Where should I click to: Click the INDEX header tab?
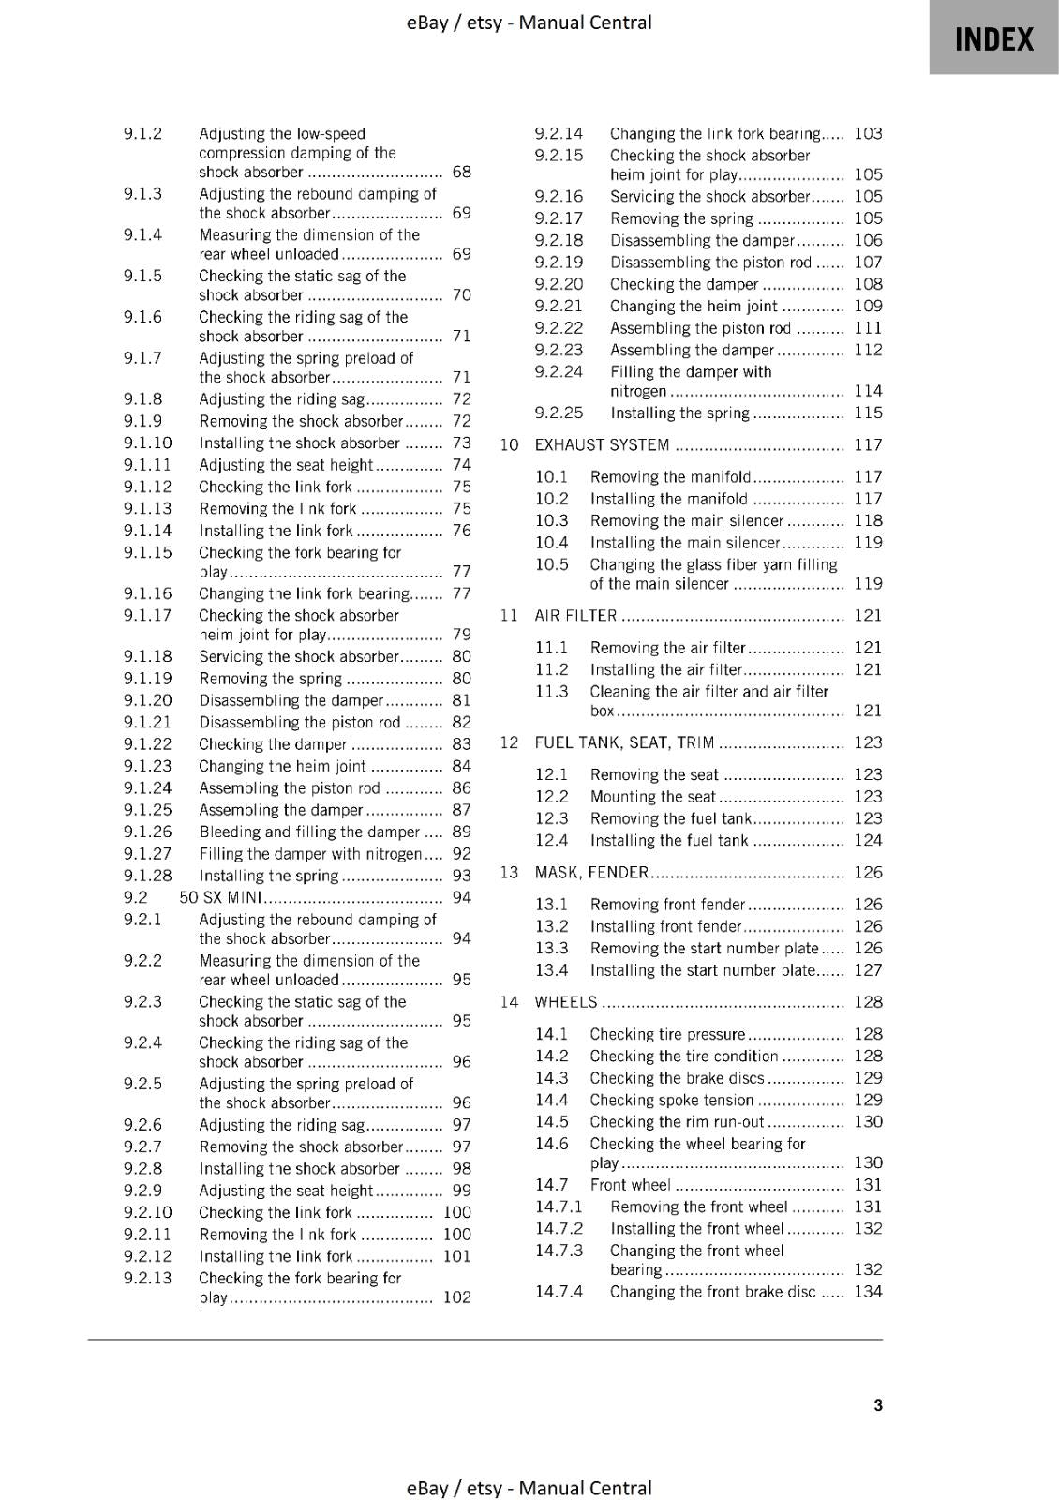[993, 39]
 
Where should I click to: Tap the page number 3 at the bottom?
[877, 1404]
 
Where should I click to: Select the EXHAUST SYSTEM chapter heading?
[602, 445]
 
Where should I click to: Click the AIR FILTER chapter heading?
[575, 616]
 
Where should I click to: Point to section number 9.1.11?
[147, 465]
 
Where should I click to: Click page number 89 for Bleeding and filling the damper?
[461, 832]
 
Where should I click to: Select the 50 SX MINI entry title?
[220, 897]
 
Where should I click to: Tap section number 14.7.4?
[559, 1292]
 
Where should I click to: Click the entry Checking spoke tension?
[671, 1100]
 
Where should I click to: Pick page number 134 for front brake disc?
[868, 1292]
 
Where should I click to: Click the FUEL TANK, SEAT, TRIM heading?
[624, 742]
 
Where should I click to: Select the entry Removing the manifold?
[670, 477]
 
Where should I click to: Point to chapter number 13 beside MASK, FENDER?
[509, 873]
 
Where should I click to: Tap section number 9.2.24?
[559, 371]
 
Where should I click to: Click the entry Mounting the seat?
[652, 797]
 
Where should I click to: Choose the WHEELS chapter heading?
[565, 1002]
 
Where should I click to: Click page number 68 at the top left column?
[461, 172]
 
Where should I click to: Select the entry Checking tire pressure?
[667, 1034]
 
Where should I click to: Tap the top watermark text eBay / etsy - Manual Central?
[529, 22]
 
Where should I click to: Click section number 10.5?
[551, 564]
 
